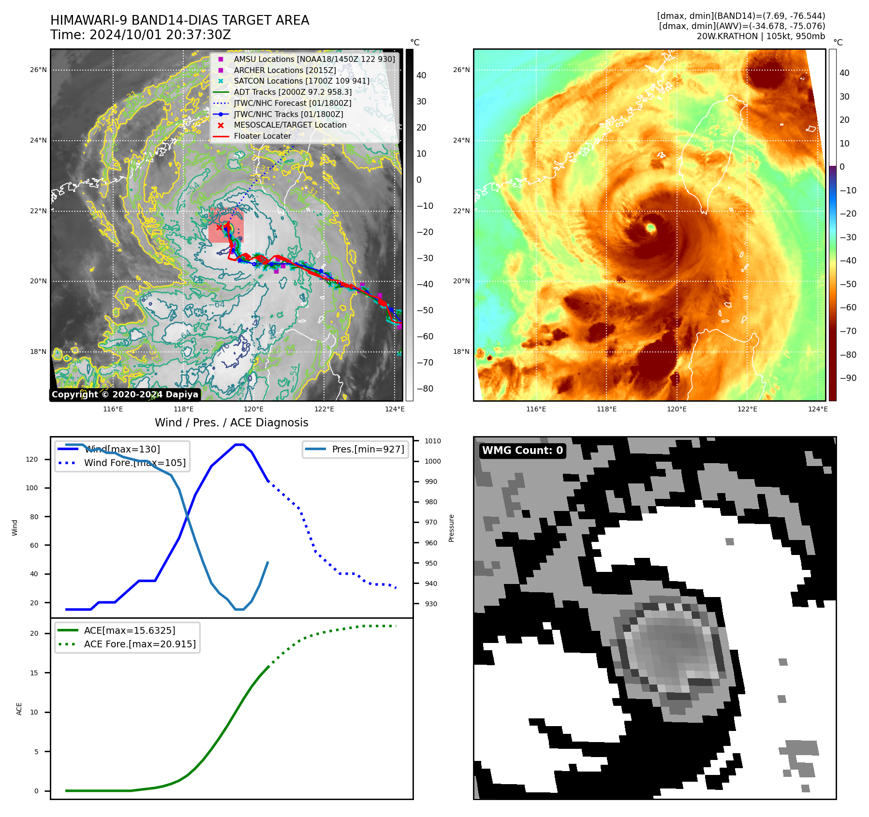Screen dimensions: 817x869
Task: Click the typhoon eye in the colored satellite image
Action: [x=650, y=227]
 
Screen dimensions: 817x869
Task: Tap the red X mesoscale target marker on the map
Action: [x=219, y=227]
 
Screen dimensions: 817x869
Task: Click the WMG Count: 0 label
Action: [x=522, y=451]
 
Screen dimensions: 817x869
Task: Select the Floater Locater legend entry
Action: [x=262, y=136]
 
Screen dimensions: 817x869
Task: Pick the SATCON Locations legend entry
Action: [x=301, y=81]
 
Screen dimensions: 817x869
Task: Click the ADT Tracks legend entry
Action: [x=293, y=92]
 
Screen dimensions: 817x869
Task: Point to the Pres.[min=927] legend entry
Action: [x=368, y=450]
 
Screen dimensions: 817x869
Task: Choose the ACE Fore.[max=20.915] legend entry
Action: [x=140, y=644]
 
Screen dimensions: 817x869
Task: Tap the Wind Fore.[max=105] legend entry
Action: [x=134, y=463]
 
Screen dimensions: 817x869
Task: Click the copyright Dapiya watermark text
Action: [x=125, y=394]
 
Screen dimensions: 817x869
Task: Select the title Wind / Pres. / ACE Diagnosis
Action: [x=231, y=423]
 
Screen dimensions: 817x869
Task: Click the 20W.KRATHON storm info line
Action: [x=761, y=36]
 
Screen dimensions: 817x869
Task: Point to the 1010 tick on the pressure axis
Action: [x=433, y=441]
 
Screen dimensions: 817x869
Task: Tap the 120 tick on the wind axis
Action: [x=32, y=460]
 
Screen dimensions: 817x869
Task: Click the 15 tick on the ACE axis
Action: [x=34, y=673]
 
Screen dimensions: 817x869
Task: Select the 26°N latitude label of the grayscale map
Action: [x=38, y=70]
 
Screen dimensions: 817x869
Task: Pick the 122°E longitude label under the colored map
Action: [x=747, y=409]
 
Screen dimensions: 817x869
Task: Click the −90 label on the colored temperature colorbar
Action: [x=848, y=378]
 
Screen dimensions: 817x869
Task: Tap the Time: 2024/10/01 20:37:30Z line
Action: [x=140, y=35]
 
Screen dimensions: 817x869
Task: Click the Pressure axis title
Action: [x=451, y=528]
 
